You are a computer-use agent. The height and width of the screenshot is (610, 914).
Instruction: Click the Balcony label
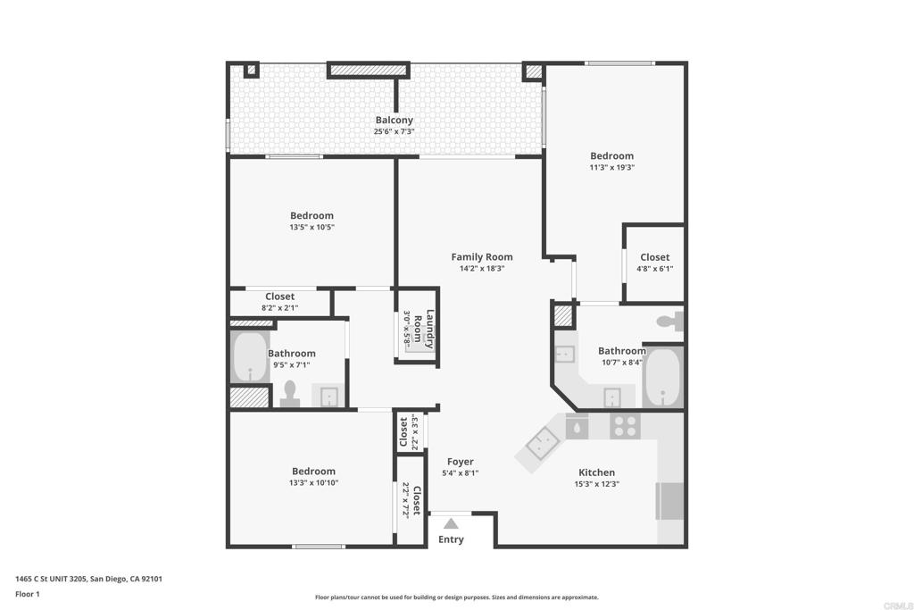click(394, 121)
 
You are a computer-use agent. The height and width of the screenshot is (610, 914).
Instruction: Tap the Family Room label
click(482, 256)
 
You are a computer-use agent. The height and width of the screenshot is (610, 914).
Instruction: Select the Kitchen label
click(596, 472)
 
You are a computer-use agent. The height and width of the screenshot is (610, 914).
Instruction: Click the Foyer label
click(461, 462)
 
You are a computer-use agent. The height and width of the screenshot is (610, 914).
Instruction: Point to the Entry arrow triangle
click(451, 523)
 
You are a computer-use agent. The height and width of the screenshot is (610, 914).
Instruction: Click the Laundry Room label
click(424, 329)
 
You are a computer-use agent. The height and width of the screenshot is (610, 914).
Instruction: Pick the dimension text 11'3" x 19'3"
click(612, 167)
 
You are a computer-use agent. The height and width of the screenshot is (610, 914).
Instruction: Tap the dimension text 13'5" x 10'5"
click(312, 227)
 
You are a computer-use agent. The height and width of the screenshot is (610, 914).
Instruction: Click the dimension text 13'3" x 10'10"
click(313, 483)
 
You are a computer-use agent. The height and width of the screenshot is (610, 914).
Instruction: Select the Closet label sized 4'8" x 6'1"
click(654, 257)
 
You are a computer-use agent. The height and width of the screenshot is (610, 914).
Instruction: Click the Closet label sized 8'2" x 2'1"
click(279, 297)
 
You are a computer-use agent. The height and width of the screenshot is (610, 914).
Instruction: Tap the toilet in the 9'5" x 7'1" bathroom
click(290, 394)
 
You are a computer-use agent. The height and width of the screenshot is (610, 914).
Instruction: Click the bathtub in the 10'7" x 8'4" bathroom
click(662, 377)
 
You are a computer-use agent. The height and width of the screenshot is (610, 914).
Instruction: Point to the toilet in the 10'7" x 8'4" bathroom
click(669, 320)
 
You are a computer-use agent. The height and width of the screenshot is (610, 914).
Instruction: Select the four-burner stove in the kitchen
click(625, 426)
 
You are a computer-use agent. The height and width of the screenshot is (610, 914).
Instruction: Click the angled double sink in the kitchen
click(544, 442)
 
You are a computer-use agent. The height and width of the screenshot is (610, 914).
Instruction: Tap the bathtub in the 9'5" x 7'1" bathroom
click(250, 358)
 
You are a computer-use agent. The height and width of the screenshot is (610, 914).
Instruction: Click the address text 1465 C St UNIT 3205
click(51, 579)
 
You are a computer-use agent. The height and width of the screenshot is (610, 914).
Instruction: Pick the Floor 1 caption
click(28, 594)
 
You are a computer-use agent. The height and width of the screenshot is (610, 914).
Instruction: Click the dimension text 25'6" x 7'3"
click(394, 132)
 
